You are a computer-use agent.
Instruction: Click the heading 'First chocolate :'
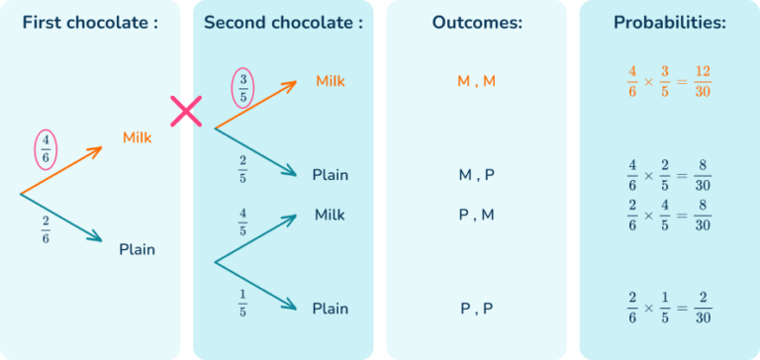pyautogui.click(x=89, y=23)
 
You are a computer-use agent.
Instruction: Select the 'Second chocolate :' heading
pyautogui.click(x=283, y=23)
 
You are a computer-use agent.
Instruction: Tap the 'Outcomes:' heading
pyautogui.click(x=476, y=23)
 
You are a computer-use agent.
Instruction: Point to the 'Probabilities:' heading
pyautogui.click(x=669, y=23)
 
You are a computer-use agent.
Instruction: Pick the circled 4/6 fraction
pyautogui.click(x=46, y=148)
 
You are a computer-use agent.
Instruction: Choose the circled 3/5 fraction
pyautogui.click(x=242, y=86)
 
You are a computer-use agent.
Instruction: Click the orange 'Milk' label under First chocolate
pyautogui.click(x=138, y=137)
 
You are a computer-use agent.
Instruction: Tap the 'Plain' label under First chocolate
pyautogui.click(x=137, y=249)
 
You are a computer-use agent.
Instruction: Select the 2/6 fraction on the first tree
pyautogui.click(x=46, y=228)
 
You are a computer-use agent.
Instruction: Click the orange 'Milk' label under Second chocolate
pyautogui.click(x=331, y=80)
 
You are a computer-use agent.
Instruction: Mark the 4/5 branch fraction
pyautogui.click(x=242, y=223)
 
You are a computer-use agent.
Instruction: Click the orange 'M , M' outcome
pyautogui.click(x=476, y=81)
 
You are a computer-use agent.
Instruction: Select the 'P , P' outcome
pyautogui.click(x=476, y=309)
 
